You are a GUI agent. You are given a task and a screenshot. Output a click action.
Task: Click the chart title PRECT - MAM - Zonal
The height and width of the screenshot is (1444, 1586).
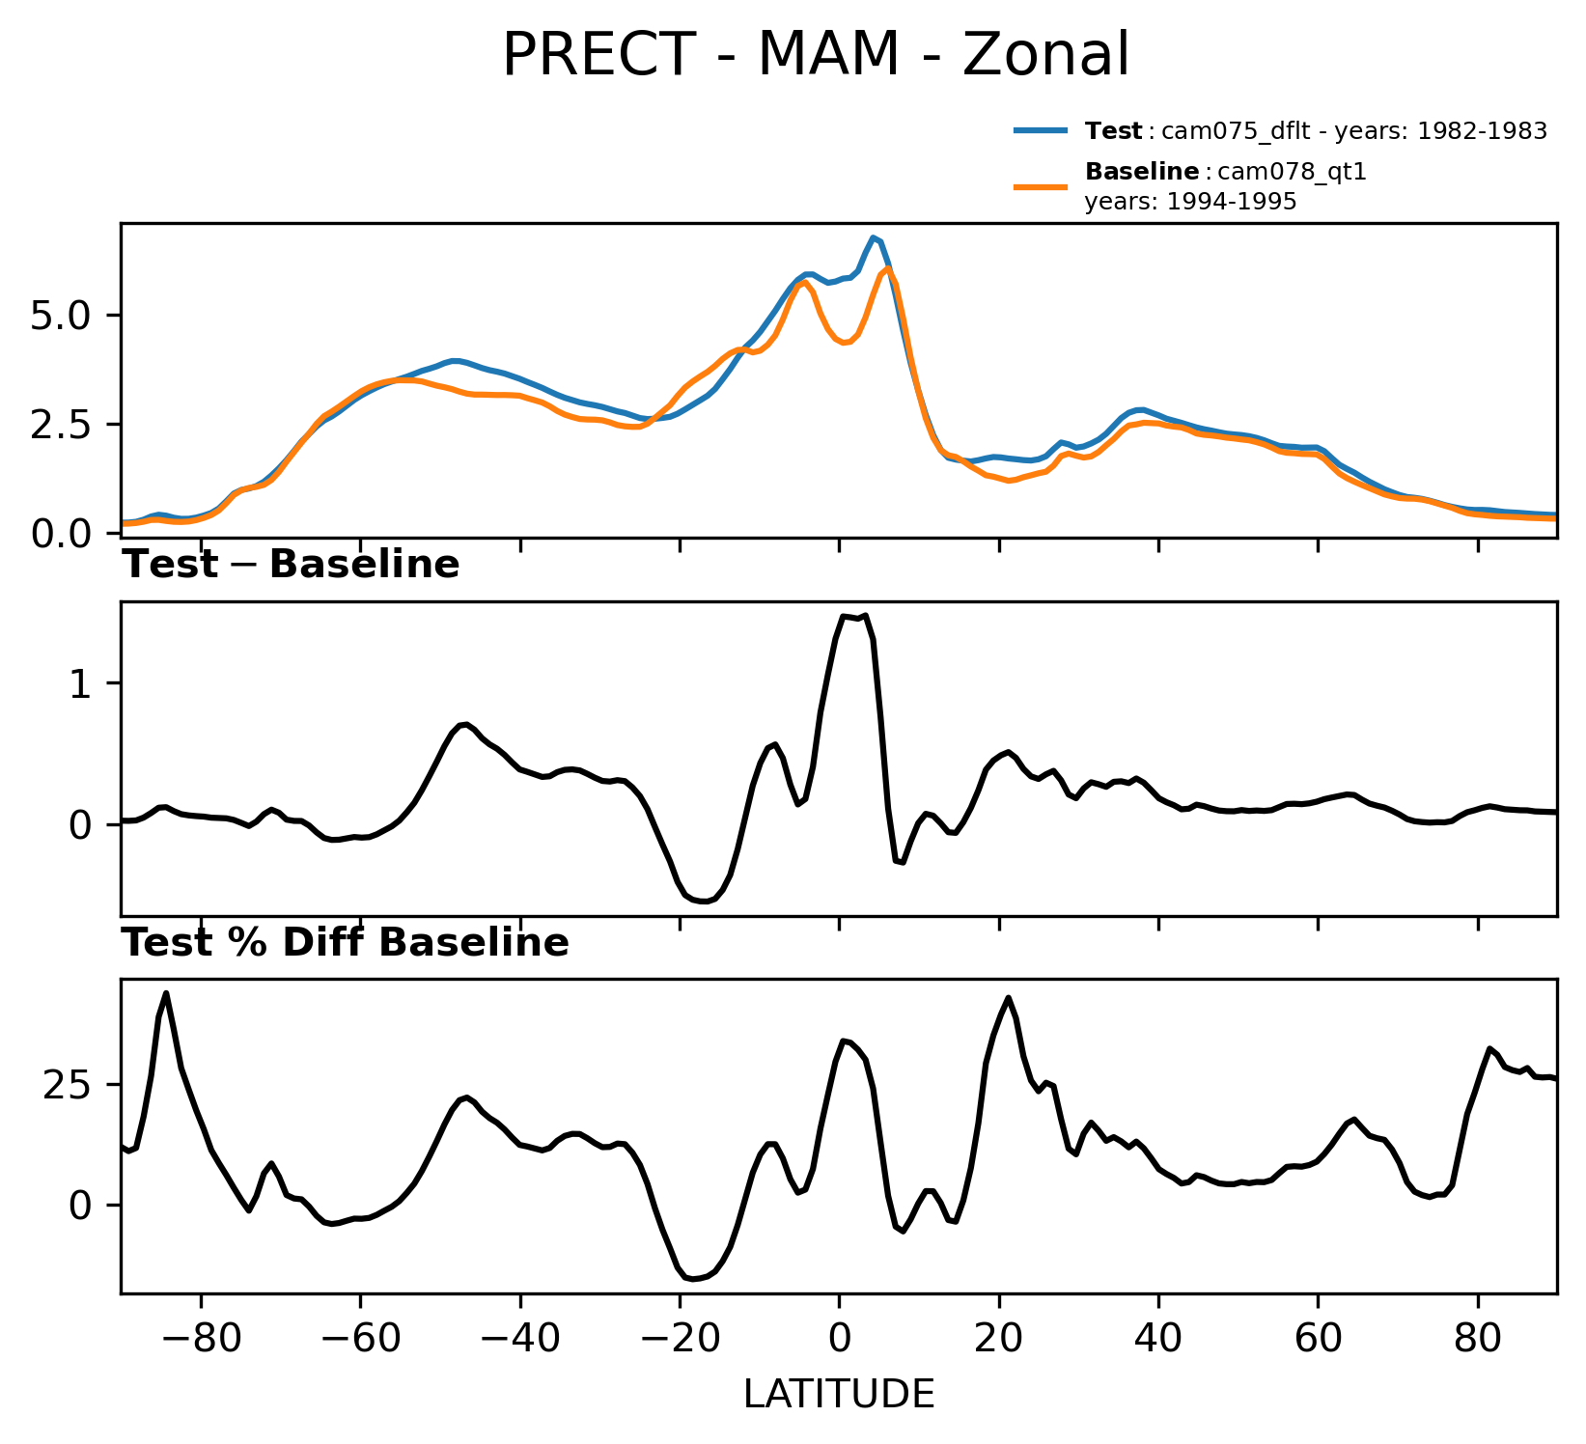pos(816,54)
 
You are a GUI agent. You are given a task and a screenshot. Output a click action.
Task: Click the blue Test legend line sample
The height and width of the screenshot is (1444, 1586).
pos(1041,130)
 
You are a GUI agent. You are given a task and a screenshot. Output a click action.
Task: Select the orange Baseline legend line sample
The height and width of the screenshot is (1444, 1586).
pos(1041,186)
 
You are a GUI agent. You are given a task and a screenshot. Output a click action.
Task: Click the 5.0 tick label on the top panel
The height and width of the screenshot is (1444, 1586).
pos(61,317)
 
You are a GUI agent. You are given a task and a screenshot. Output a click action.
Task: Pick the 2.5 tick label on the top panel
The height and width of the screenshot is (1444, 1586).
pos(61,425)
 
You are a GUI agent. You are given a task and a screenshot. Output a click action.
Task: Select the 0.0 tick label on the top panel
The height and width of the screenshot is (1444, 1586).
pos(61,534)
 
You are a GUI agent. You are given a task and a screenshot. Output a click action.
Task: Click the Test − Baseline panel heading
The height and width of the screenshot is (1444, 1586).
pos(291,565)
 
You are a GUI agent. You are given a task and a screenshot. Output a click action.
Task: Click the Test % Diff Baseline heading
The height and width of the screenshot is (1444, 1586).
pos(345,943)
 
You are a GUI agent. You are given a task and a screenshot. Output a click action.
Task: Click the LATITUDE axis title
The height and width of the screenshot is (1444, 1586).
pos(839,1394)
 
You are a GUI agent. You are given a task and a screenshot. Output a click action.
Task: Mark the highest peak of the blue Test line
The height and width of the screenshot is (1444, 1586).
pos(873,237)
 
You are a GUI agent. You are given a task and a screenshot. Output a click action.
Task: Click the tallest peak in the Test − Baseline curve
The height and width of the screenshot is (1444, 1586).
pos(865,615)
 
